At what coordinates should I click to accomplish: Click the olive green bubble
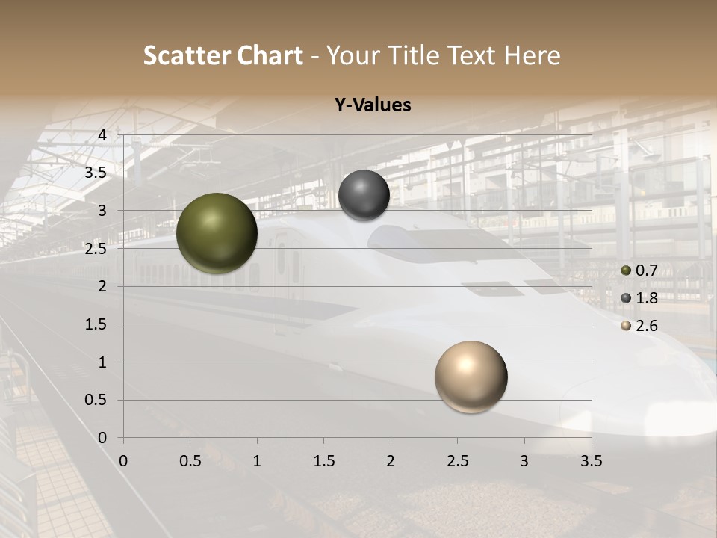[x=217, y=233]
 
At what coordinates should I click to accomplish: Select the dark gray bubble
[x=364, y=195]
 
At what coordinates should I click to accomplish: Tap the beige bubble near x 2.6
[x=471, y=377]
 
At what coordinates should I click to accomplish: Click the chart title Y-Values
[x=372, y=105]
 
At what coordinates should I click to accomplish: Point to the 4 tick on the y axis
[x=102, y=135]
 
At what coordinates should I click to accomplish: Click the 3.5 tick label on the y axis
[x=96, y=173]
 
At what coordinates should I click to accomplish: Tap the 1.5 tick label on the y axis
[x=96, y=324]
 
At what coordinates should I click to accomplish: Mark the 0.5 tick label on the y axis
[x=96, y=401]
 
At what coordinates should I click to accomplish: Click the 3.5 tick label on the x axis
[x=592, y=461]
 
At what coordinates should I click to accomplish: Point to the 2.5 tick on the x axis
[x=458, y=461]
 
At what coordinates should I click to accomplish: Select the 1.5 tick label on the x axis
[x=323, y=461]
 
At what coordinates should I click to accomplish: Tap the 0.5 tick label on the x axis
[x=190, y=461]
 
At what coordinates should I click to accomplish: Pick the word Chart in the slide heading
[x=270, y=55]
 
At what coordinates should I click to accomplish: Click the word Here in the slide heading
[x=532, y=55]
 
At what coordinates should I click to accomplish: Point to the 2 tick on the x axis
[x=391, y=461]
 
